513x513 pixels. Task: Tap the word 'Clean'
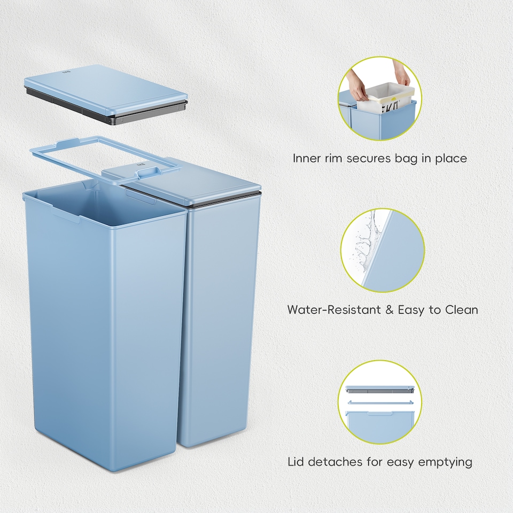pos(461,310)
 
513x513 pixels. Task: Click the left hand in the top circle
pos(356,85)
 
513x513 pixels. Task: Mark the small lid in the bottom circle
pos(379,390)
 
